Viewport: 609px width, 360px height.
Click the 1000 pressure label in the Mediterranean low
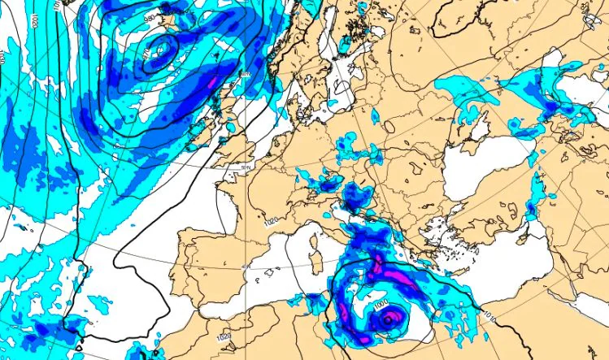click(381, 302)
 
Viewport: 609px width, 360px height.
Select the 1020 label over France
click(270, 221)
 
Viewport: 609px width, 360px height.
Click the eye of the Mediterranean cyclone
click(389, 320)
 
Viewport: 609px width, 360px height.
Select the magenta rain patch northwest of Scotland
click(214, 81)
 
